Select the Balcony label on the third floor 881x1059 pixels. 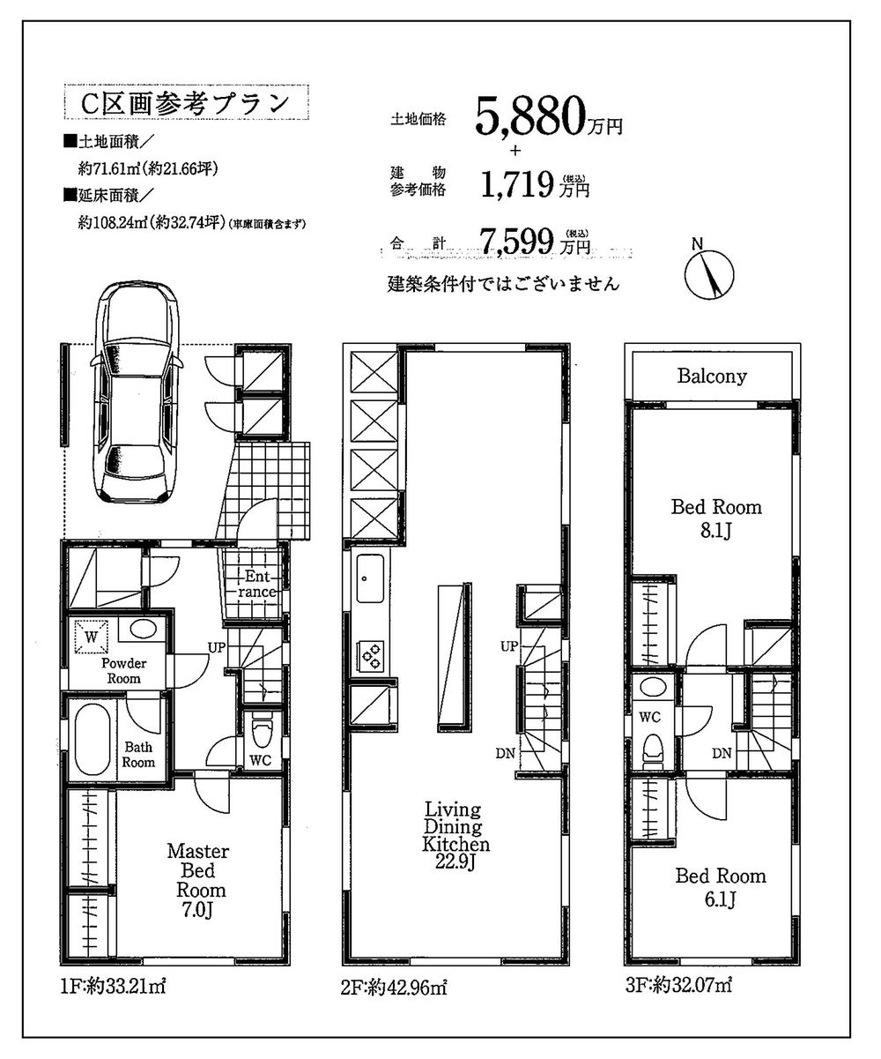pyautogui.click(x=712, y=377)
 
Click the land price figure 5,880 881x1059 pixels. pyautogui.click(x=531, y=116)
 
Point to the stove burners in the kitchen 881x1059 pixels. pyautogui.click(x=369, y=653)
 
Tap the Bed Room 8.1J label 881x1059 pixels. pyautogui.click(x=716, y=518)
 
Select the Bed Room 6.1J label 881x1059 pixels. pyautogui.click(x=720, y=887)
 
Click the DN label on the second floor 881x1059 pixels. pyautogui.click(x=505, y=752)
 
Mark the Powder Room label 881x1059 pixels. pyautogui.click(x=124, y=670)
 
